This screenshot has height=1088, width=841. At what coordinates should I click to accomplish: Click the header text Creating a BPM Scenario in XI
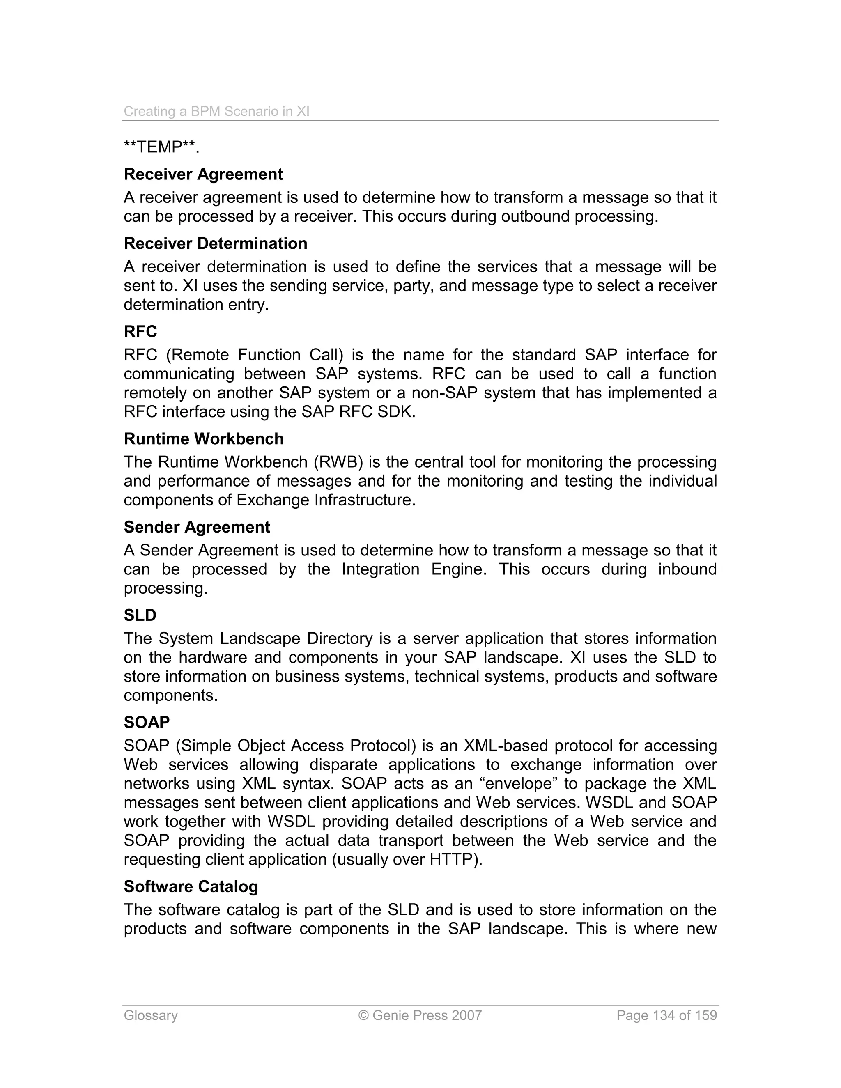click(216, 111)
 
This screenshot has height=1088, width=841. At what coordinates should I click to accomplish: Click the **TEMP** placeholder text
click(161, 147)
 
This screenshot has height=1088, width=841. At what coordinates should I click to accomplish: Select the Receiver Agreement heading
click(203, 174)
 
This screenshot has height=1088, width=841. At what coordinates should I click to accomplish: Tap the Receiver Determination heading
click(215, 243)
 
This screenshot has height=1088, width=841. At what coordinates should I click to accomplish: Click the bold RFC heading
click(140, 332)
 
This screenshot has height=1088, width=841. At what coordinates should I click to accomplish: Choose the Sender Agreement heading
click(197, 527)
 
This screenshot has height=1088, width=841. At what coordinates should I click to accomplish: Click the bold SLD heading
click(140, 615)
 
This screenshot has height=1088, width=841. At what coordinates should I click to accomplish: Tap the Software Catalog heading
click(191, 886)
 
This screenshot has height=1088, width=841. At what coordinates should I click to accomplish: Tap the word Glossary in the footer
click(150, 1015)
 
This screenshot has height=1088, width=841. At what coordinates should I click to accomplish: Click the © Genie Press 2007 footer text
click(420, 1015)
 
